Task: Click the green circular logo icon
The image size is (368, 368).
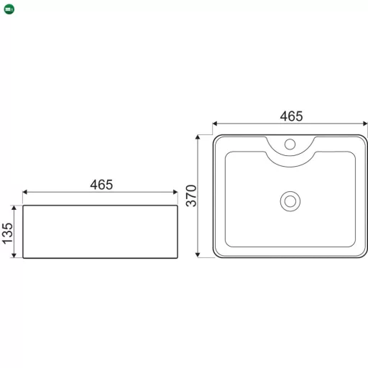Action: pos(9,9)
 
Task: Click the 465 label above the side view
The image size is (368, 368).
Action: pos(101,185)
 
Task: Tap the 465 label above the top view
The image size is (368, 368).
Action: pos(291,116)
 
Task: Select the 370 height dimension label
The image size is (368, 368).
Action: pos(191,195)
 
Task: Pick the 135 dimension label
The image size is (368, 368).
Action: pos(7,234)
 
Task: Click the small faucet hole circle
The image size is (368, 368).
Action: pos(290,144)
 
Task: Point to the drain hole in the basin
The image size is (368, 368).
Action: pos(290,201)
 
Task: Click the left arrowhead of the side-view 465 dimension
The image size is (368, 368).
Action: pos(24,192)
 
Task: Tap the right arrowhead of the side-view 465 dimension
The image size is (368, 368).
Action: pos(175,192)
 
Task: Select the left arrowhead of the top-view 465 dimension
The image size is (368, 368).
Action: pos(215,124)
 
